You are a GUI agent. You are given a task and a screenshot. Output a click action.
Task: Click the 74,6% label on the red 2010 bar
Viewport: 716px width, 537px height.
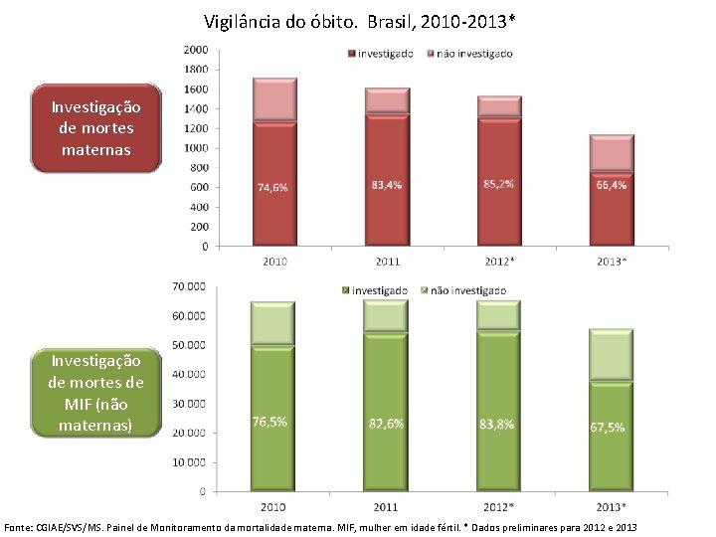273,187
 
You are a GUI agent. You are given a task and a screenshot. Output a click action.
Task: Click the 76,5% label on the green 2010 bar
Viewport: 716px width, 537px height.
268,422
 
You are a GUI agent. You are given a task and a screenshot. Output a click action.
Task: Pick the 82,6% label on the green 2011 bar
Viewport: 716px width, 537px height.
386,424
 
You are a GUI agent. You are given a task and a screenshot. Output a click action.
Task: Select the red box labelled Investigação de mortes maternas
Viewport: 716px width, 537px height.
95,129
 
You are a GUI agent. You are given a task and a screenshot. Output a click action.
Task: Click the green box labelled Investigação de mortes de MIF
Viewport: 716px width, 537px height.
95,392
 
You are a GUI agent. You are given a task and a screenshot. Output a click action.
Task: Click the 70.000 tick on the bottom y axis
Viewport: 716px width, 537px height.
188,286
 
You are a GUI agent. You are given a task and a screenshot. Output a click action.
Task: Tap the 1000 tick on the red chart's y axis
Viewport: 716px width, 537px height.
196,148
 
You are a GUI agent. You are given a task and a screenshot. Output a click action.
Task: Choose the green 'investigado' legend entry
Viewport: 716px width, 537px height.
374,290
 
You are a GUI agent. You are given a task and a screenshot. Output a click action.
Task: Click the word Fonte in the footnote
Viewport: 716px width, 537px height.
21,525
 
